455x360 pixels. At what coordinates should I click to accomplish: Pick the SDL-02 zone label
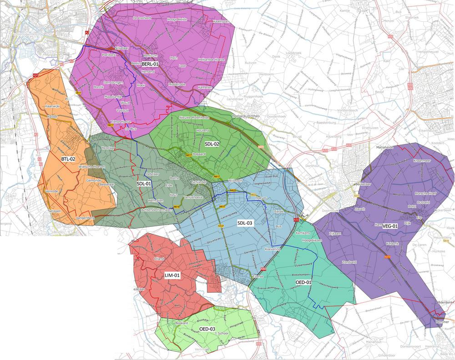(212, 144)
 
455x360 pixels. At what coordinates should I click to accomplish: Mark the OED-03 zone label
(207, 329)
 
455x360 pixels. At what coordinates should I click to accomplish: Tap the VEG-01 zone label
(390, 226)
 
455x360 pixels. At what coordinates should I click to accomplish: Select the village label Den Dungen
(113, 83)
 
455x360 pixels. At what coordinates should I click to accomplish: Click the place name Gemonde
(93, 180)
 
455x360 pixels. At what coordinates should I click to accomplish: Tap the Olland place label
(159, 259)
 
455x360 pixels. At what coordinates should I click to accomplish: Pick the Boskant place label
(182, 324)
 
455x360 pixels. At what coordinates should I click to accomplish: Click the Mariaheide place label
(384, 148)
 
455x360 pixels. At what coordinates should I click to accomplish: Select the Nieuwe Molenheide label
(194, 117)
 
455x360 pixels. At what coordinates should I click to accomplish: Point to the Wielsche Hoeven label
(92, 167)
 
